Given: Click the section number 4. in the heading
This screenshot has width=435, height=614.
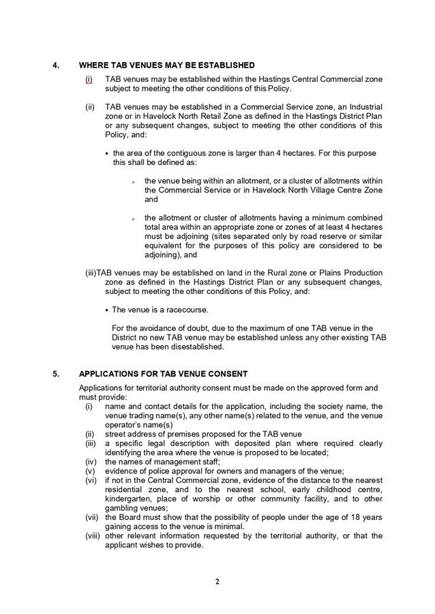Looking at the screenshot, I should click(55, 65).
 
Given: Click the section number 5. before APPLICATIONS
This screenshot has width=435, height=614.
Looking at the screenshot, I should click(55, 374).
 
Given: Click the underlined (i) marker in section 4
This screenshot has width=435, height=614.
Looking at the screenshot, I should click(89, 80).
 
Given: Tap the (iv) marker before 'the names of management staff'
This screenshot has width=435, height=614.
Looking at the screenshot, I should click(90, 462).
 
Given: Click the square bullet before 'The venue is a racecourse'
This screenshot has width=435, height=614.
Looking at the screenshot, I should click(107, 310).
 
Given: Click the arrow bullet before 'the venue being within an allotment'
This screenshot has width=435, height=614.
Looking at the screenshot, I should click(134, 181).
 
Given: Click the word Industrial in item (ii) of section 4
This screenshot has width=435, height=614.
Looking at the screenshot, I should click(361, 107).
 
